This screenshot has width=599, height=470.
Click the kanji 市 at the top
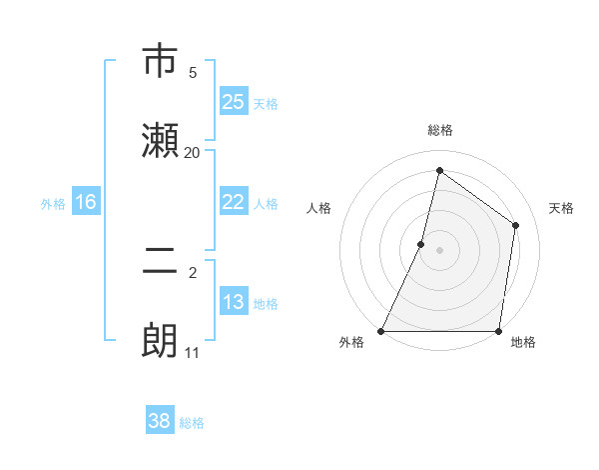tap(160, 62)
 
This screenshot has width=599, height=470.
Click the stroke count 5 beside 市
tap(193, 72)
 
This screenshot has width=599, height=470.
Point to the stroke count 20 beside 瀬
tap(193, 152)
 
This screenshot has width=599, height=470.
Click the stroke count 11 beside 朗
tap(193, 352)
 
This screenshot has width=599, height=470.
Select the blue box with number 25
tap(234, 101)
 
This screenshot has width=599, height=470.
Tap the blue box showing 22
tap(234, 202)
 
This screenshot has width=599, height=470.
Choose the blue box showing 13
tap(234, 302)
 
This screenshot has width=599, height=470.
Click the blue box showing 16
tap(86, 202)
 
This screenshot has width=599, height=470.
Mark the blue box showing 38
tap(160, 421)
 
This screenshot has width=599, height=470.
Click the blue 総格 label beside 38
tap(193, 423)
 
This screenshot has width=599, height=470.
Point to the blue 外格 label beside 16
tap(53, 204)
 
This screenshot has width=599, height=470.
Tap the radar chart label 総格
tap(439, 131)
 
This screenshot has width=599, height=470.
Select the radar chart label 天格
tap(561, 208)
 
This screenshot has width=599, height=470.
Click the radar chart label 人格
tap(318, 208)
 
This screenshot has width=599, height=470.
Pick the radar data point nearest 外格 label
tap(381, 331)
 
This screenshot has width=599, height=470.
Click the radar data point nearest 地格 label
tap(498, 331)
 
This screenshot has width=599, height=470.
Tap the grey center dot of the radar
tap(439, 249)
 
